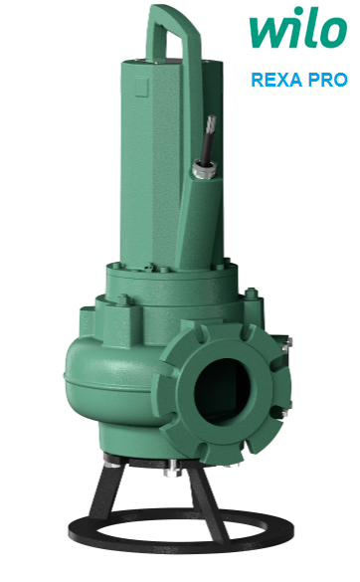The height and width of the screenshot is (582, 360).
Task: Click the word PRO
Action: click(329, 79)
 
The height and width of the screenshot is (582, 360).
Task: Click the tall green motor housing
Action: click(149, 159)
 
